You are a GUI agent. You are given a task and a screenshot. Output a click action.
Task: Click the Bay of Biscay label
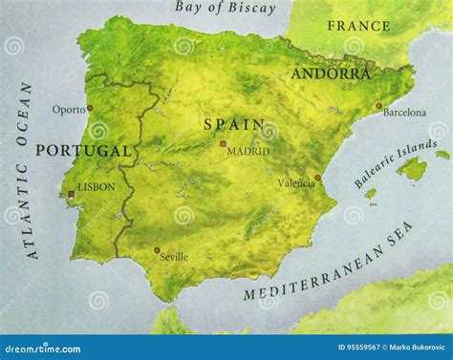coord(226,9)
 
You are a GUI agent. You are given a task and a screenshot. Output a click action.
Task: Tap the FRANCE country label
coord(358,26)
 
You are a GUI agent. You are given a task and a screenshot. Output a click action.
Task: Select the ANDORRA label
coord(330,74)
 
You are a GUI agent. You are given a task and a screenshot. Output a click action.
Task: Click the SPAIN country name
coord(226,124)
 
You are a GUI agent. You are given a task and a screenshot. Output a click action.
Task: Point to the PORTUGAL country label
coord(82,151)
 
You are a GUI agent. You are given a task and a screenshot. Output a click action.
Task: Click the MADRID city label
coord(248,151)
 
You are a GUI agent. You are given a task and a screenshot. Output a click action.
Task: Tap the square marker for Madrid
coord(223,144)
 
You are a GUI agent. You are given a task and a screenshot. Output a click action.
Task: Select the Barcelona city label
coord(404,112)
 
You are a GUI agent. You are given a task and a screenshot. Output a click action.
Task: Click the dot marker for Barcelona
coord(378,106)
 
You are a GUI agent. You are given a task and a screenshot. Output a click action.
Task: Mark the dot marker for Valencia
coord(318,178)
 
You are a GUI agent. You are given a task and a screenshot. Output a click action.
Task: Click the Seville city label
coord(173,256)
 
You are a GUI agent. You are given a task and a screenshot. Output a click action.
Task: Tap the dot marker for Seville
coord(157,250)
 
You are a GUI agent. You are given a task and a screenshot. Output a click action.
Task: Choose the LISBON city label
coord(96,187)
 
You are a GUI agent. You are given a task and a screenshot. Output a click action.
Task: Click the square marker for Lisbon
coord(71,194)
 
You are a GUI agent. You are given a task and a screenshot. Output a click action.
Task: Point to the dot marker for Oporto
coord(89,108)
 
